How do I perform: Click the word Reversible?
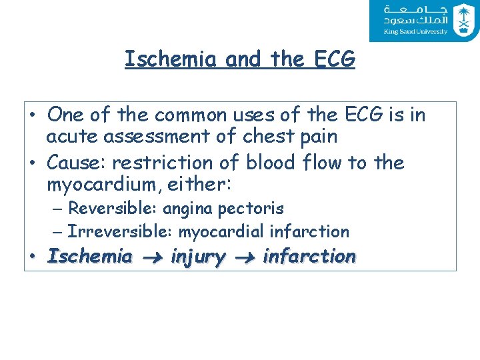pos(113,209)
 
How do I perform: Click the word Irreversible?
pos(118,232)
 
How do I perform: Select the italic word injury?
pos(198,256)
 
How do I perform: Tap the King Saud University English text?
pos(415,31)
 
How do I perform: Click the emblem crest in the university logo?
pos(462,20)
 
